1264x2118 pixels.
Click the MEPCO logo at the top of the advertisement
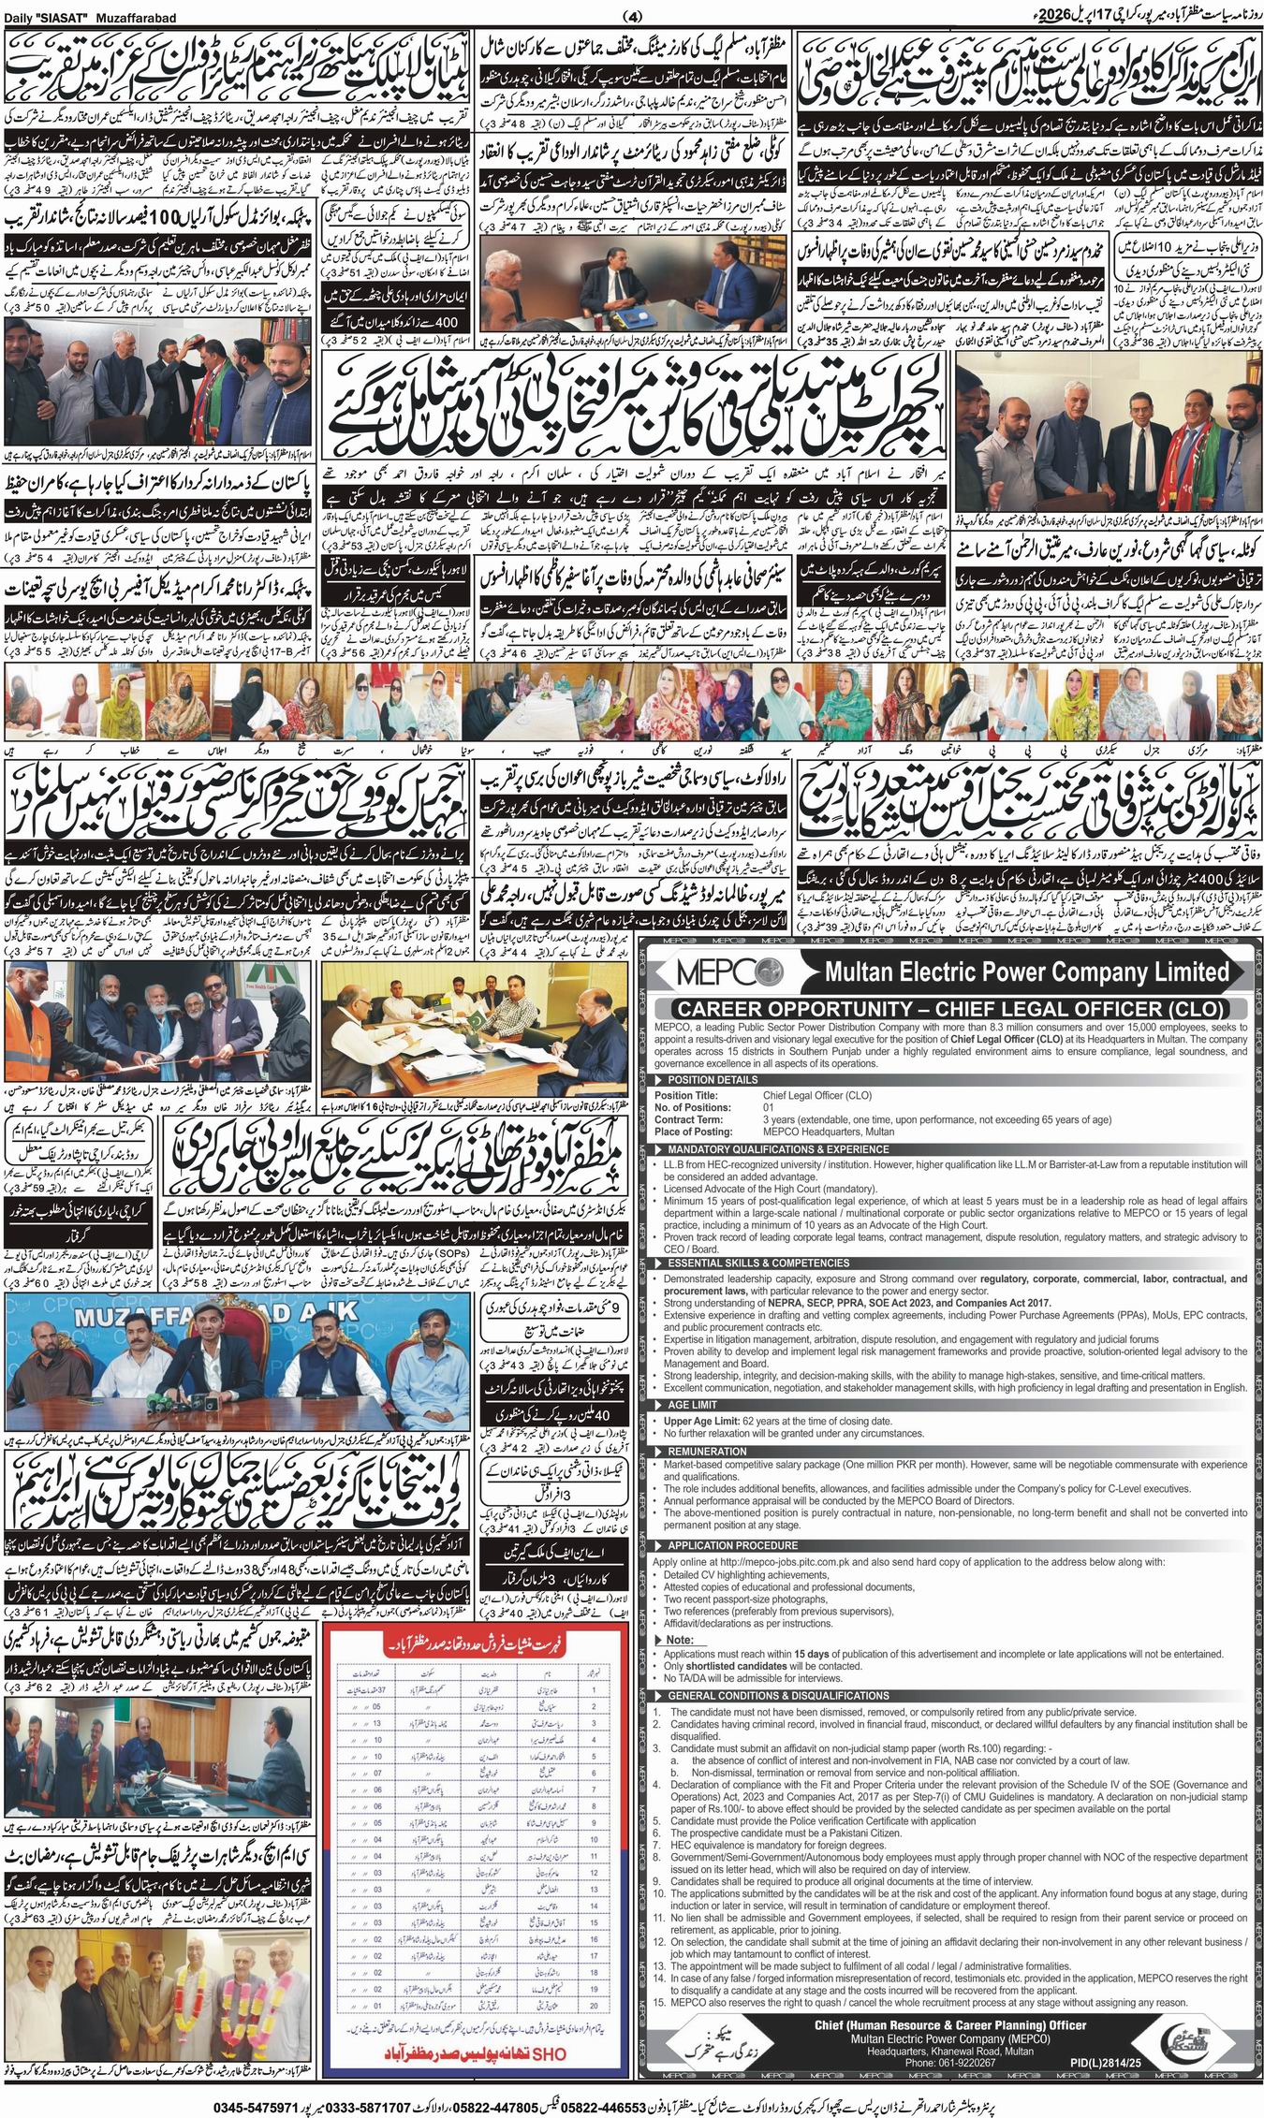716,971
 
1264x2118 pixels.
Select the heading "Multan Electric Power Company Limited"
1026,971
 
